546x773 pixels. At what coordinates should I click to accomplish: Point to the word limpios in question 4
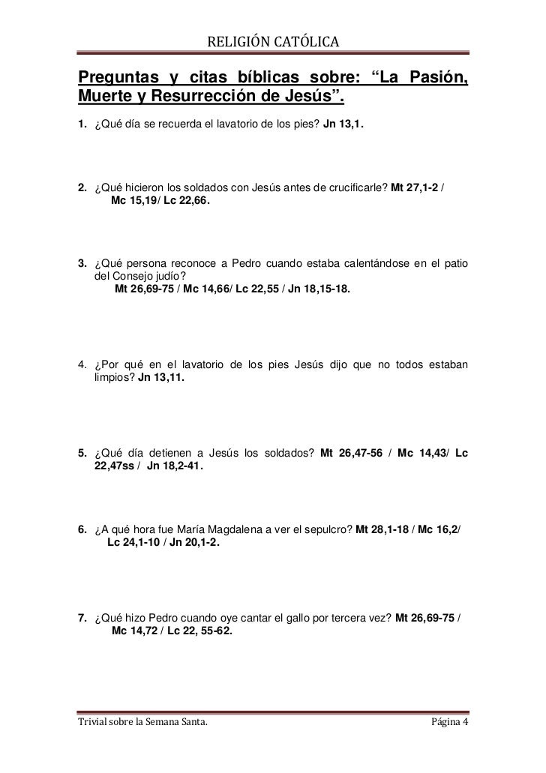[114, 379]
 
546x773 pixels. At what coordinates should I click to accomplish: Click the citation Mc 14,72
[133, 631]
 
